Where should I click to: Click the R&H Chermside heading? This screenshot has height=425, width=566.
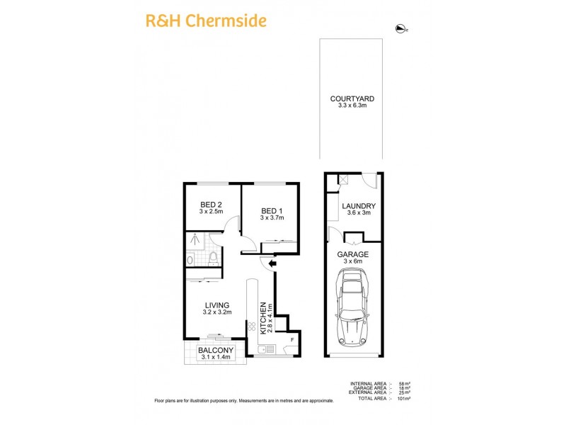(x=206, y=21)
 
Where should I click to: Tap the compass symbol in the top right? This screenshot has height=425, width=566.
(x=401, y=28)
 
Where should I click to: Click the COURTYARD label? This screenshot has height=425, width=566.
(x=352, y=99)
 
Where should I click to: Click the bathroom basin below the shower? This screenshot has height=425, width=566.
(x=190, y=260)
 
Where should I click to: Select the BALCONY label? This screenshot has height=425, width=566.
(x=215, y=350)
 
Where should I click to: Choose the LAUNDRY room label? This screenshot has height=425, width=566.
(x=358, y=206)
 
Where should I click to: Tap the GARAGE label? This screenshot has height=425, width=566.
(x=352, y=254)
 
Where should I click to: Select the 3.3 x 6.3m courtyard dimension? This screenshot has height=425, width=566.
(x=352, y=107)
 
